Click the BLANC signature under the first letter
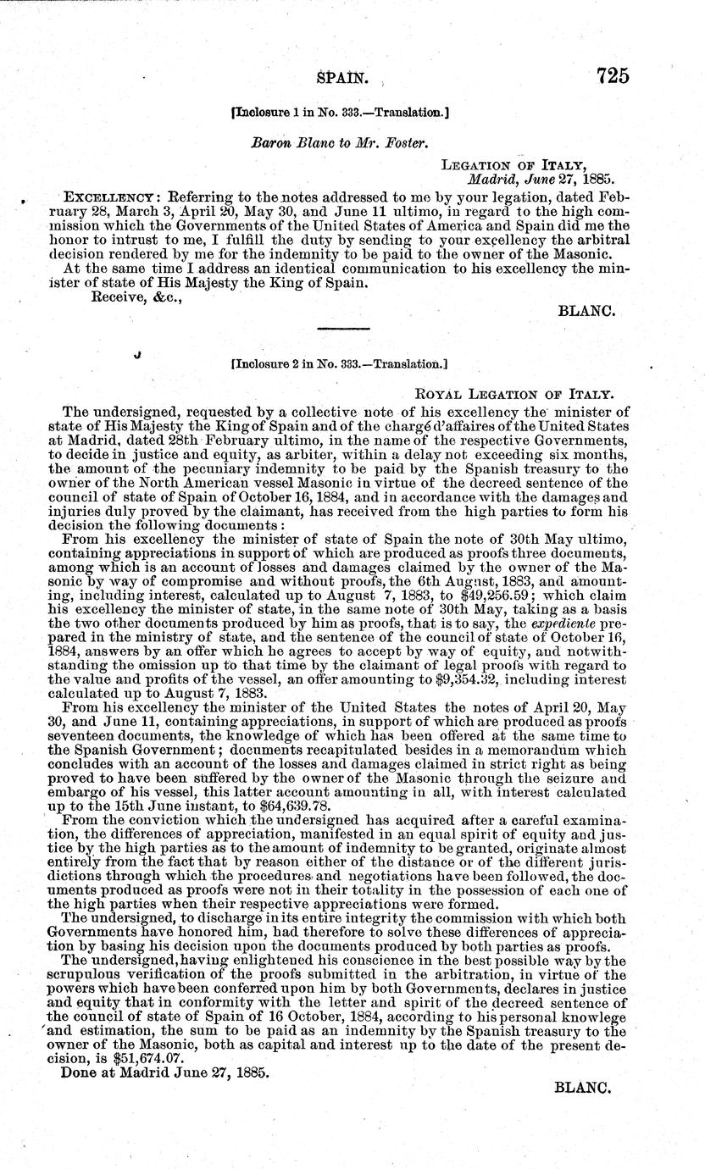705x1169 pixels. pos(586,311)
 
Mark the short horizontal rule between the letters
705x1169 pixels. pos(342,328)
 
